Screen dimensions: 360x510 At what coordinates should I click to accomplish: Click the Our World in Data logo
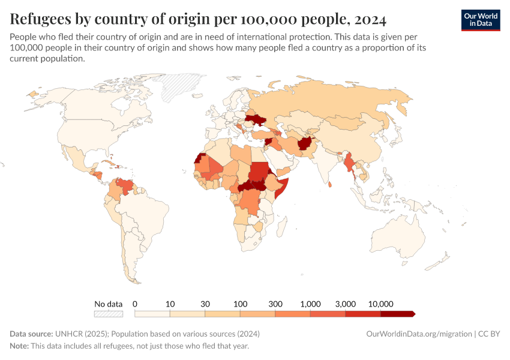(x=480, y=20)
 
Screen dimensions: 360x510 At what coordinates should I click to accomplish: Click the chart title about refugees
(x=198, y=18)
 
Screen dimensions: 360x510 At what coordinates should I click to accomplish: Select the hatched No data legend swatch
(x=108, y=314)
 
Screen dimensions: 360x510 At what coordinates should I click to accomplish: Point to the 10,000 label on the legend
(x=380, y=304)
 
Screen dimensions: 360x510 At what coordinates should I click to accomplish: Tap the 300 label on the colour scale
(x=275, y=304)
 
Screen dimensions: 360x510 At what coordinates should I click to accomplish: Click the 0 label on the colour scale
(x=135, y=304)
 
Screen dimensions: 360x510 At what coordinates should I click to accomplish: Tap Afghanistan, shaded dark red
(x=306, y=145)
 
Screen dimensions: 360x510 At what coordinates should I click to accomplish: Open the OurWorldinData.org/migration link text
(x=419, y=334)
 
